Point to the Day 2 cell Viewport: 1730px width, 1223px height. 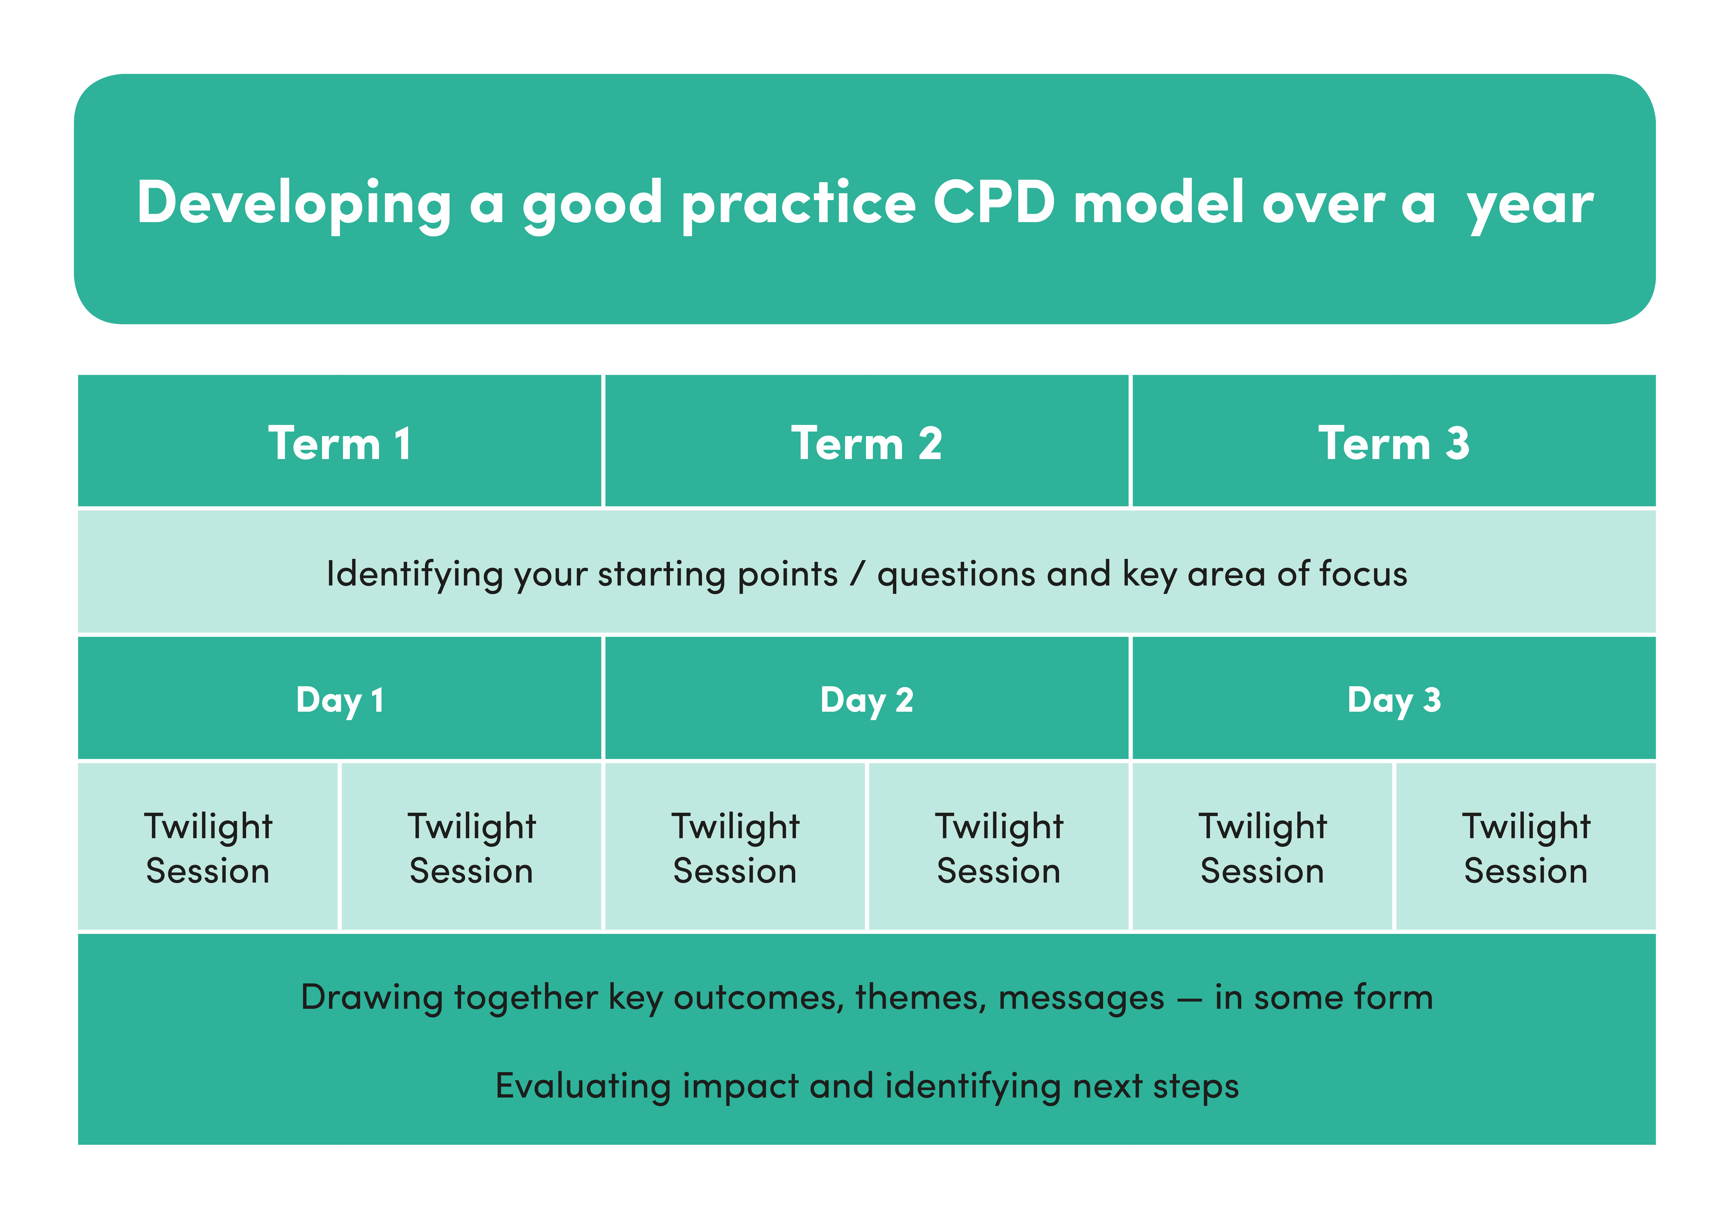point(866,699)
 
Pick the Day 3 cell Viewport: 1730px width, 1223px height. point(1393,699)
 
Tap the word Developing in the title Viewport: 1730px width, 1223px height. point(294,203)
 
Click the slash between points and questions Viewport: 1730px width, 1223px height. point(857,574)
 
